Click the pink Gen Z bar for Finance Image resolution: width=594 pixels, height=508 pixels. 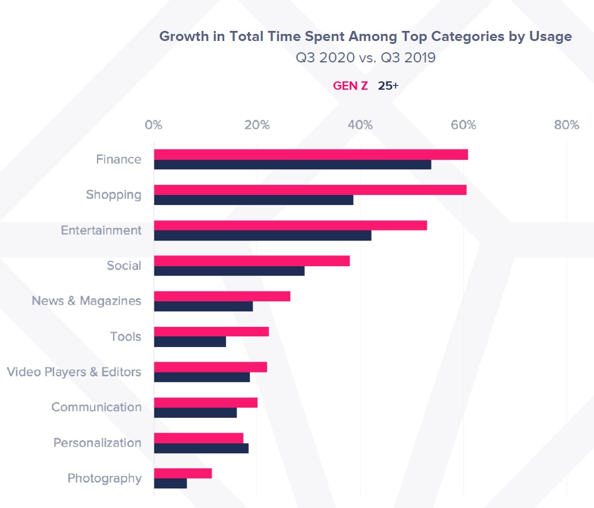(310, 154)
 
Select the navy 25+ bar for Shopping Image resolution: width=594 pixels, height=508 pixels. (253, 200)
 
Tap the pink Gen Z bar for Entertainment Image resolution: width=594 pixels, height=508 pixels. (290, 225)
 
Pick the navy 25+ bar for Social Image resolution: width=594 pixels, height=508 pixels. (229, 271)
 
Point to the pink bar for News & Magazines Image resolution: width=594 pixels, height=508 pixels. (222, 296)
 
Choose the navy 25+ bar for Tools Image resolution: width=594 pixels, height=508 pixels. (190, 342)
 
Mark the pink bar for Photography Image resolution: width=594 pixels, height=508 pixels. (183, 473)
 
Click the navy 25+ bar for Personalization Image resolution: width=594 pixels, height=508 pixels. (201, 449)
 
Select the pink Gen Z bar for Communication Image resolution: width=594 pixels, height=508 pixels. (205, 402)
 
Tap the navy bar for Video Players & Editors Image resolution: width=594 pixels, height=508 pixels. (202, 377)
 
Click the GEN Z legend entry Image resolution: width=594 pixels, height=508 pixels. (350, 86)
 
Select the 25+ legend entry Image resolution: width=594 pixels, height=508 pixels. (388, 86)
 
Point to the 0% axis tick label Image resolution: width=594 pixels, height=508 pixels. (153, 125)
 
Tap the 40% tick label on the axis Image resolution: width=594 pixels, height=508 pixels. (360, 125)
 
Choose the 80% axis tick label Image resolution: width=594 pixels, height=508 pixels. (566, 125)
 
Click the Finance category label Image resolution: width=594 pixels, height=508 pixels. (119, 159)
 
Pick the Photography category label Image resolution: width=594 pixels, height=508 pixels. (105, 478)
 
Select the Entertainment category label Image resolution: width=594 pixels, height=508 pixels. (101, 230)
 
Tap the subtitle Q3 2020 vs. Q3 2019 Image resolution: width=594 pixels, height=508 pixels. (366, 58)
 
